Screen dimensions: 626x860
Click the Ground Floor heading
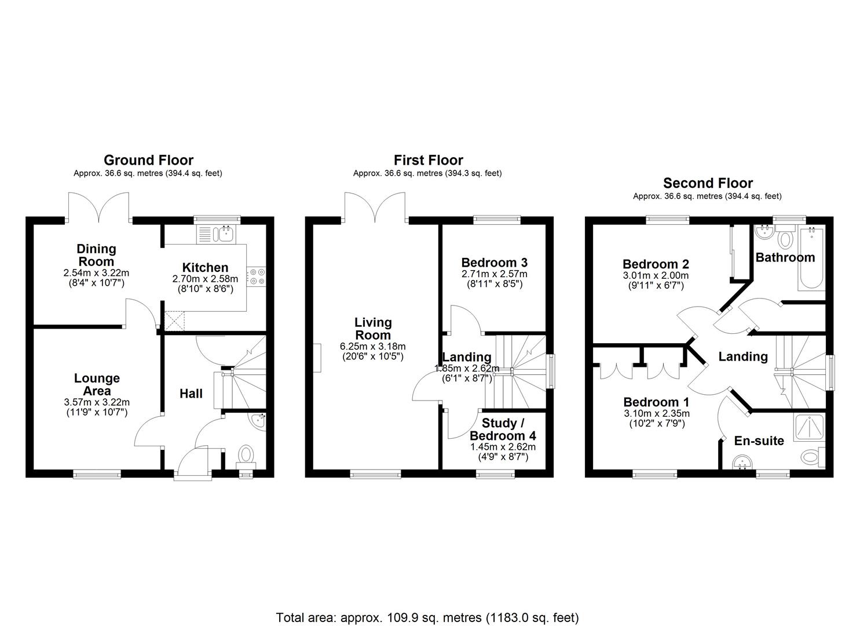pos(148,160)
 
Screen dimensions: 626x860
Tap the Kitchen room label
pos(205,268)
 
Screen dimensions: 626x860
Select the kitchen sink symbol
pos(224,234)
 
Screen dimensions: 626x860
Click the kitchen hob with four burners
pos(257,276)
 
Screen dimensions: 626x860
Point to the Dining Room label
pos(96,255)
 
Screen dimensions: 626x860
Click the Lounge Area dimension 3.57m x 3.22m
pos(97,402)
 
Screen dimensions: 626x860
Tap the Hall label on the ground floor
pos(191,394)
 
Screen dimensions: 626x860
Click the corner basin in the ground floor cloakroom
pos(257,420)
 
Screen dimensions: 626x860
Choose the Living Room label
pos(373,328)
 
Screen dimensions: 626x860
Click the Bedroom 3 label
pos(494,263)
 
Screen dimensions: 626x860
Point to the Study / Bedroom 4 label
pos(502,430)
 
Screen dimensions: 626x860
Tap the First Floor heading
pos(428,160)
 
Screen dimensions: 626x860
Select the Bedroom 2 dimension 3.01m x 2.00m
pos(656,276)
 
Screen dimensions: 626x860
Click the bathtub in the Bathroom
pos(811,260)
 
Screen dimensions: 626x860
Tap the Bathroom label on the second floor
pos(785,257)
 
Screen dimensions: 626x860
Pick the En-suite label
pos(759,441)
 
